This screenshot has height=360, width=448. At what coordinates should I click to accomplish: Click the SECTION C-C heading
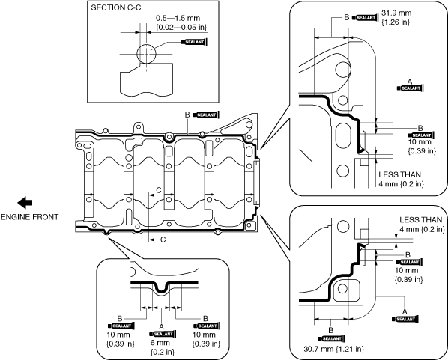coord(116,7)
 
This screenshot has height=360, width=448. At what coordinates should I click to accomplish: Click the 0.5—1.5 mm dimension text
coord(178,18)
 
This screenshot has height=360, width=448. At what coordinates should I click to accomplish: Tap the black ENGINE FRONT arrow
coord(25,203)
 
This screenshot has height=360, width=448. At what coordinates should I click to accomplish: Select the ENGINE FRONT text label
coord(29,217)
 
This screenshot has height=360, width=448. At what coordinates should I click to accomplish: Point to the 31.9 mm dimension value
coord(396,13)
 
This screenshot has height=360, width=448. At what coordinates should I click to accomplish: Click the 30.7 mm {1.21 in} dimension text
coord(333,349)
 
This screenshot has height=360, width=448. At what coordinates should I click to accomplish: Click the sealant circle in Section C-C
coord(146,54)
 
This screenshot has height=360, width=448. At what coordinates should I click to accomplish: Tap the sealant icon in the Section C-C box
coord(194,42)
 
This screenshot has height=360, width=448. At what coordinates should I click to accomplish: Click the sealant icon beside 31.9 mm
coord(365,18)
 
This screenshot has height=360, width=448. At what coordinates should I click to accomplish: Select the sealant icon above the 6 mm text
coord(163,334)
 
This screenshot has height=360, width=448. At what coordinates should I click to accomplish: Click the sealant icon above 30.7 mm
coord(331,338)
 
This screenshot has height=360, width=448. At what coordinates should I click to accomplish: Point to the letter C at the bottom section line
coord(163,240)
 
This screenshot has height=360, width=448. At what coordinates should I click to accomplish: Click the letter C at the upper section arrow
coord(159,190)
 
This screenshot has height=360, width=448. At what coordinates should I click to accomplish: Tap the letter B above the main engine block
coord(187,115)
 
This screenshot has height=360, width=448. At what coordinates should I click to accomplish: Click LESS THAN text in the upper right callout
coord(400,174)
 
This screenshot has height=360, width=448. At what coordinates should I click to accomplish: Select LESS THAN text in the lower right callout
coord(420,220)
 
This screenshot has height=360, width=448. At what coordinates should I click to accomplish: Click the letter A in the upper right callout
coord(410,82)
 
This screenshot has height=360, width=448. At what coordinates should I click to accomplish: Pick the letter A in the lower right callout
coord(405,311)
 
